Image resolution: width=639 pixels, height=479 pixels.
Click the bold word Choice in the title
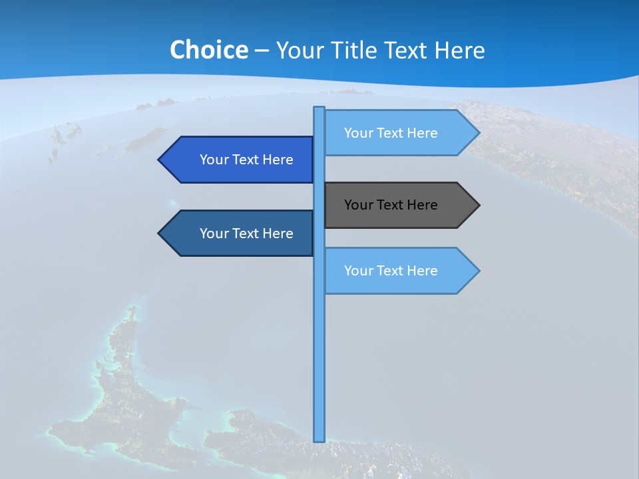tap(208, 50)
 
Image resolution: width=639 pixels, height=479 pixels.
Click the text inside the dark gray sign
tap(391, 205)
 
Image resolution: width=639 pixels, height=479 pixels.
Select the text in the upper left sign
tap(246, 160)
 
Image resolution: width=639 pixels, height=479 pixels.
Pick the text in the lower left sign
tap(246, 234)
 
